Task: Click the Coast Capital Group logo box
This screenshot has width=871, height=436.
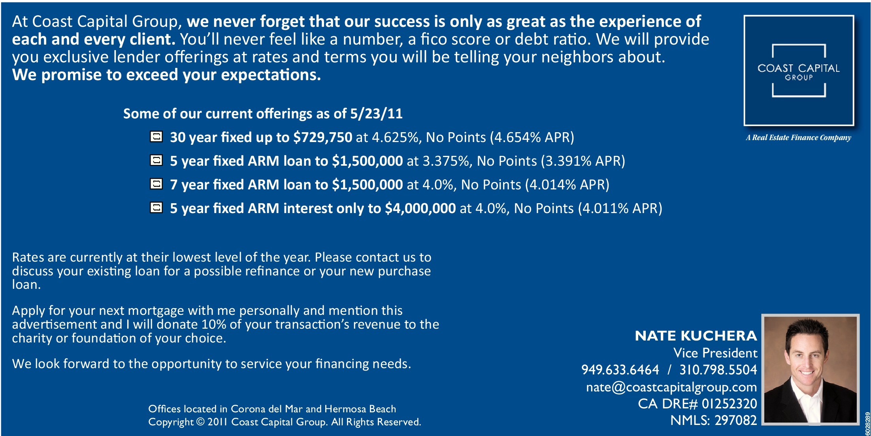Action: pos(799,70)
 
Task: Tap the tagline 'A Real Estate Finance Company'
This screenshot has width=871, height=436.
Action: pos(798,138)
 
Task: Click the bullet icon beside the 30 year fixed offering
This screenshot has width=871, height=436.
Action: pos(156,137)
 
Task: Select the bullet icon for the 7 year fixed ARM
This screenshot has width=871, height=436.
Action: pos(156,184)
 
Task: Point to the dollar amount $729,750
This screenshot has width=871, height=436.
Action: pos(322,137)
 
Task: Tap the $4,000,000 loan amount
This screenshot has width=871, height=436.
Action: pos(420,208)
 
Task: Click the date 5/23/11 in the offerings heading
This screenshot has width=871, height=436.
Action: pos(376,114)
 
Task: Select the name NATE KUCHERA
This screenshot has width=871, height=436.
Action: pos(696,336)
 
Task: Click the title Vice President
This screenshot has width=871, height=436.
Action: pos(715,353)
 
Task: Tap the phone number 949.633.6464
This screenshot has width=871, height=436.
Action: pos(620,370)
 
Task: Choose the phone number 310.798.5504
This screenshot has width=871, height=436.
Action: pos(718,370)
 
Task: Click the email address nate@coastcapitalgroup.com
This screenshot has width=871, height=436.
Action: pos(671,387)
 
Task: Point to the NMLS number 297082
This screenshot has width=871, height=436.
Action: pos(735,420)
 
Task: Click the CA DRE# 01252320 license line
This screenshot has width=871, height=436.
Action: pos(698,404)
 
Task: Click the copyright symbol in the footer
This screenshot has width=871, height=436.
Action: pos(200,422)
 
